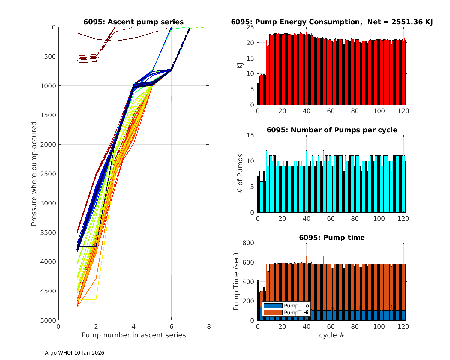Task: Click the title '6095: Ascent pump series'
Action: click(133, 22)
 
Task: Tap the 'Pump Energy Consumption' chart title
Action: click(332, 22)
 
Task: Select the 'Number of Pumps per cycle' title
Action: click(332, 130)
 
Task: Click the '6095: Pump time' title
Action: click(332, 238)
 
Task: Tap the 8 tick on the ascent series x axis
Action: click(209, 326)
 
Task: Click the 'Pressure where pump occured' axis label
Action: click(34, 174)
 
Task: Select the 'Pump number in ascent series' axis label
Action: click(133, 335)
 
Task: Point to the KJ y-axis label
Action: click(240, 66)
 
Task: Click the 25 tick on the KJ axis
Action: click(250, 27)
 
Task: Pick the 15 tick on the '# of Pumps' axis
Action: click(250, 135)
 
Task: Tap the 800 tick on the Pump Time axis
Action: click(249, 243)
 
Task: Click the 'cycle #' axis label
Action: click(332, 335)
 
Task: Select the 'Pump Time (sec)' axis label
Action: click(236, 282)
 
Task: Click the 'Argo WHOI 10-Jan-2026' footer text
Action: click(74, 353)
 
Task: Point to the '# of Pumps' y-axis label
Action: click(240, 174)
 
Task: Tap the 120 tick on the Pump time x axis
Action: click(403, 326)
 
